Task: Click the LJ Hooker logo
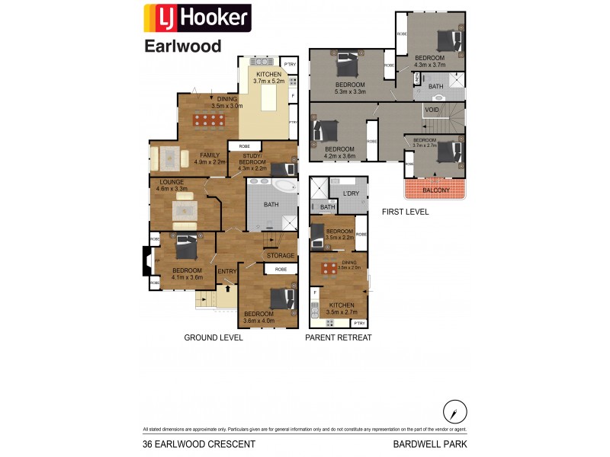pyautogui.click(x=197, y=18)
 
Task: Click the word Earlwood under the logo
pyautogui.click(x=183, y=46)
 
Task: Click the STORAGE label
pyautogui.click(x=279, y=256)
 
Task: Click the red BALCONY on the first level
pyautogui.click(x=435, y=190)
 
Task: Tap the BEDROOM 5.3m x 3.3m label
pyautogui.click(x=350, y=88)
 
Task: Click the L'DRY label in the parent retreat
pyautogui.click(x=351, y=193)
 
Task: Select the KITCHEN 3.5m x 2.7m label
pyautogui.click(x=342, y=308)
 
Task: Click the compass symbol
pyautogui.click(x=454, y=411)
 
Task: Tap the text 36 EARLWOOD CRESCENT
pyautogui.click(x=199, y=444)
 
